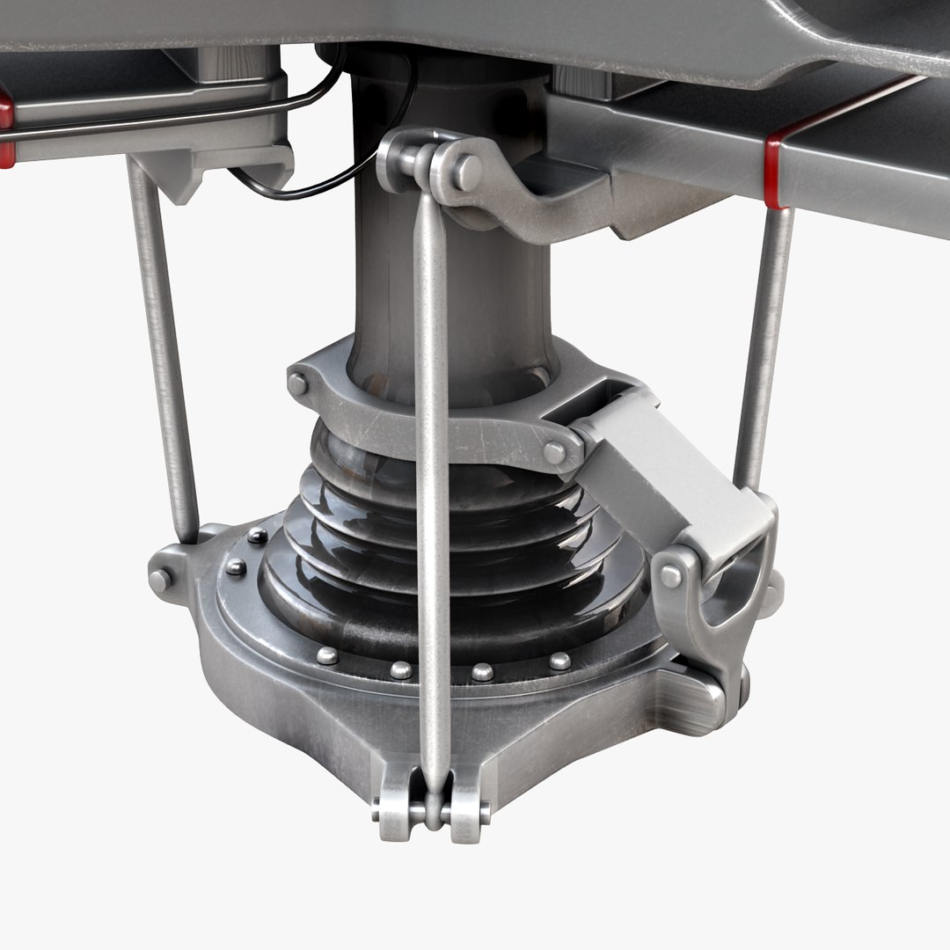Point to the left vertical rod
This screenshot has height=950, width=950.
164,352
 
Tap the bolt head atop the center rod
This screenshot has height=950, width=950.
466,172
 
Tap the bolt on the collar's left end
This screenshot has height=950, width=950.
298,384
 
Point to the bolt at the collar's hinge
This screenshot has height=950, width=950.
554,453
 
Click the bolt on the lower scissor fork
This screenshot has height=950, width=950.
670,576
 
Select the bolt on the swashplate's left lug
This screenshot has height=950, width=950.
159,580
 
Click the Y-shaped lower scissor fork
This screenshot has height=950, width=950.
712,598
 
